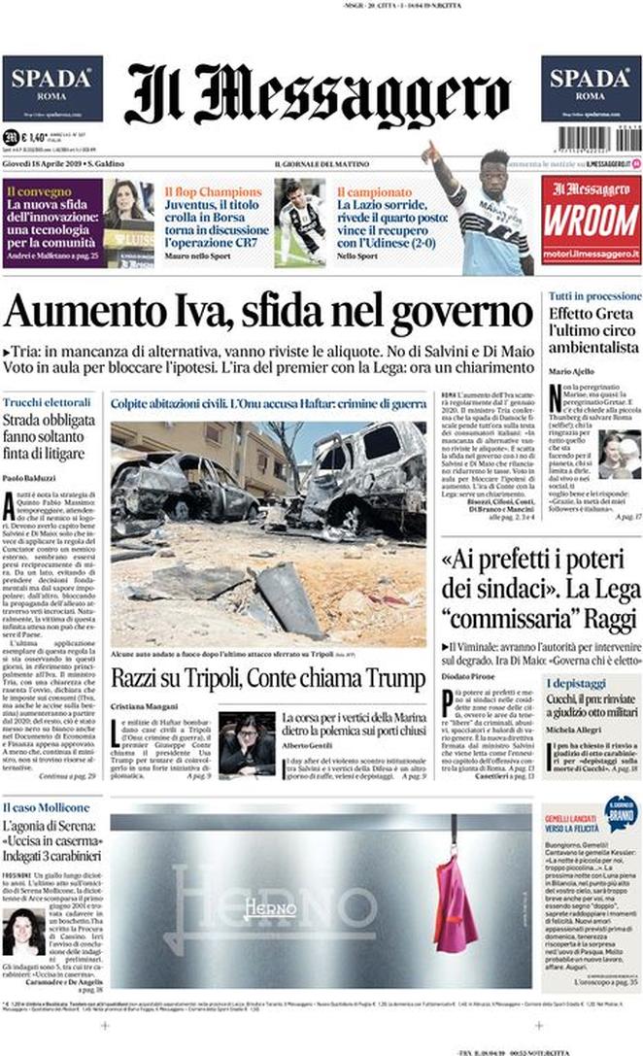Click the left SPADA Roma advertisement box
(52, 87)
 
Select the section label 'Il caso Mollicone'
(46, 807)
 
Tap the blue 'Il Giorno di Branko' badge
(618, 812)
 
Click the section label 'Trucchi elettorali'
(46, 402)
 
